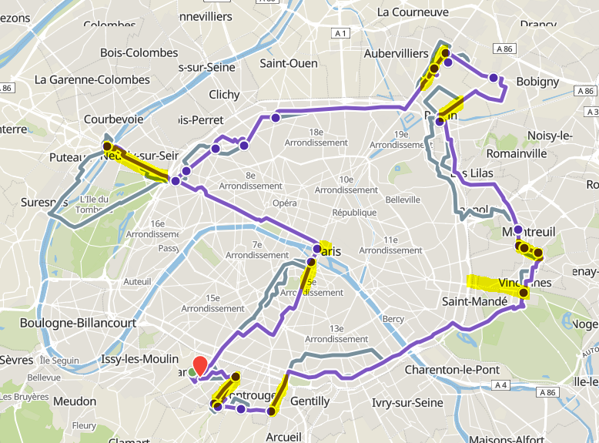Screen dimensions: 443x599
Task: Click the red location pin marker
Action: [x=199, y=366]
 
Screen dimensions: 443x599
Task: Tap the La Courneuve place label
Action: [x=413, y=12]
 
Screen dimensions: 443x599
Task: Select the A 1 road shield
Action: [x=341, y=33]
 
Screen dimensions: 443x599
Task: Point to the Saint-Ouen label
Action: [x=289, y=63]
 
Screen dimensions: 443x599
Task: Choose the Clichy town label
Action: [x=225, y=95]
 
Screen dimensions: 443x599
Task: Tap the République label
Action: [x=354, y=212]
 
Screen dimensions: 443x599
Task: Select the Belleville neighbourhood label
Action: [x=403, y=199]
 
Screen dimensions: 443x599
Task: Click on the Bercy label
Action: [x=393, y=318]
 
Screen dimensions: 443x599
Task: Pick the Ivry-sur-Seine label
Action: [x=407, y=402]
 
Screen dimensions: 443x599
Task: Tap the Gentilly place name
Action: [x=310, y=401]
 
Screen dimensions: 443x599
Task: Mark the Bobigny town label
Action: [x=538, y=81]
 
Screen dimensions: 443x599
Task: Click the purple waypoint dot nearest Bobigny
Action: [x=494, y=78]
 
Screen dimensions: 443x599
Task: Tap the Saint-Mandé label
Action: [x=474, y=301]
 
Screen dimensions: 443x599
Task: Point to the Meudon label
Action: [x=74, y=401]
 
